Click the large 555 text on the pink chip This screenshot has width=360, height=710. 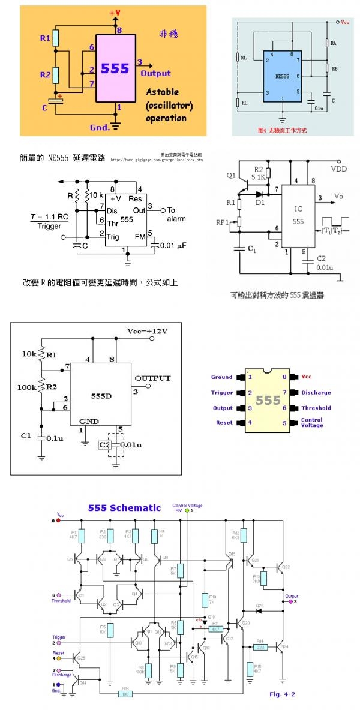coord(115,68)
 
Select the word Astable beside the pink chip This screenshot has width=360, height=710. coord(162,93)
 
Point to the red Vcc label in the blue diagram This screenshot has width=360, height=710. coord(344,22)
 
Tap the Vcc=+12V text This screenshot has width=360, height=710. coord(148,332)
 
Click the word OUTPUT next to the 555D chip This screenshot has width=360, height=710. coord(152,378)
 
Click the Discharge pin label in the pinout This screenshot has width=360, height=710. coord(316,393)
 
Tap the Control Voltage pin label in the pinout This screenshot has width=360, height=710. coord(312,423)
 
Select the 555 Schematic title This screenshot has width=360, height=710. coord(125,507)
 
